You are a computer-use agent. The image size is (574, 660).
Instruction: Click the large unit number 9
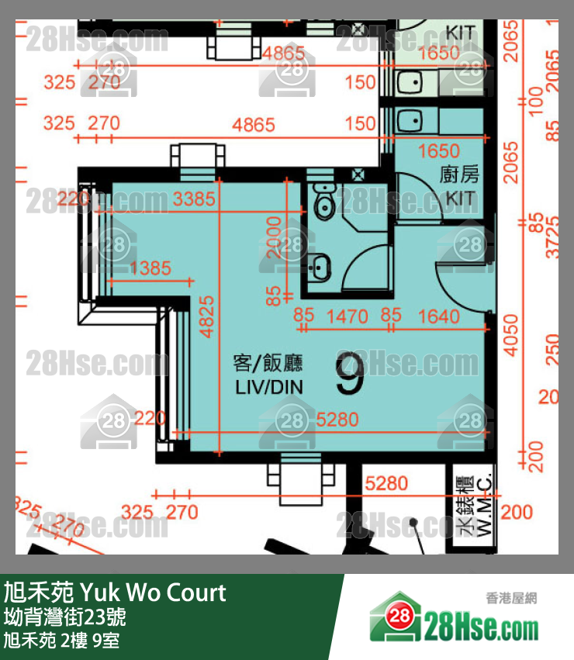(x=351, y=374)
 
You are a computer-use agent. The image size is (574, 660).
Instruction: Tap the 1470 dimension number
(x=348, y=316)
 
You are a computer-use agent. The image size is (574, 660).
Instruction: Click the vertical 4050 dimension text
(x=510, y=335)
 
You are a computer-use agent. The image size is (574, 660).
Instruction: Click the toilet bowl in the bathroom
(x=323, y=203)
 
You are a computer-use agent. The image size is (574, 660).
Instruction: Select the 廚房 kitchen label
(x=460, y=175)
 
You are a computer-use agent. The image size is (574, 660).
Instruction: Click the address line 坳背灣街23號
(x=64, y=618)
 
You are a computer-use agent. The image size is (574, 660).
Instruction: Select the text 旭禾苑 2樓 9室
(x=61, y=641)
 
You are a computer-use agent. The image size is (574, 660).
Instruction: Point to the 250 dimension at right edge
(x=552, y=345)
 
